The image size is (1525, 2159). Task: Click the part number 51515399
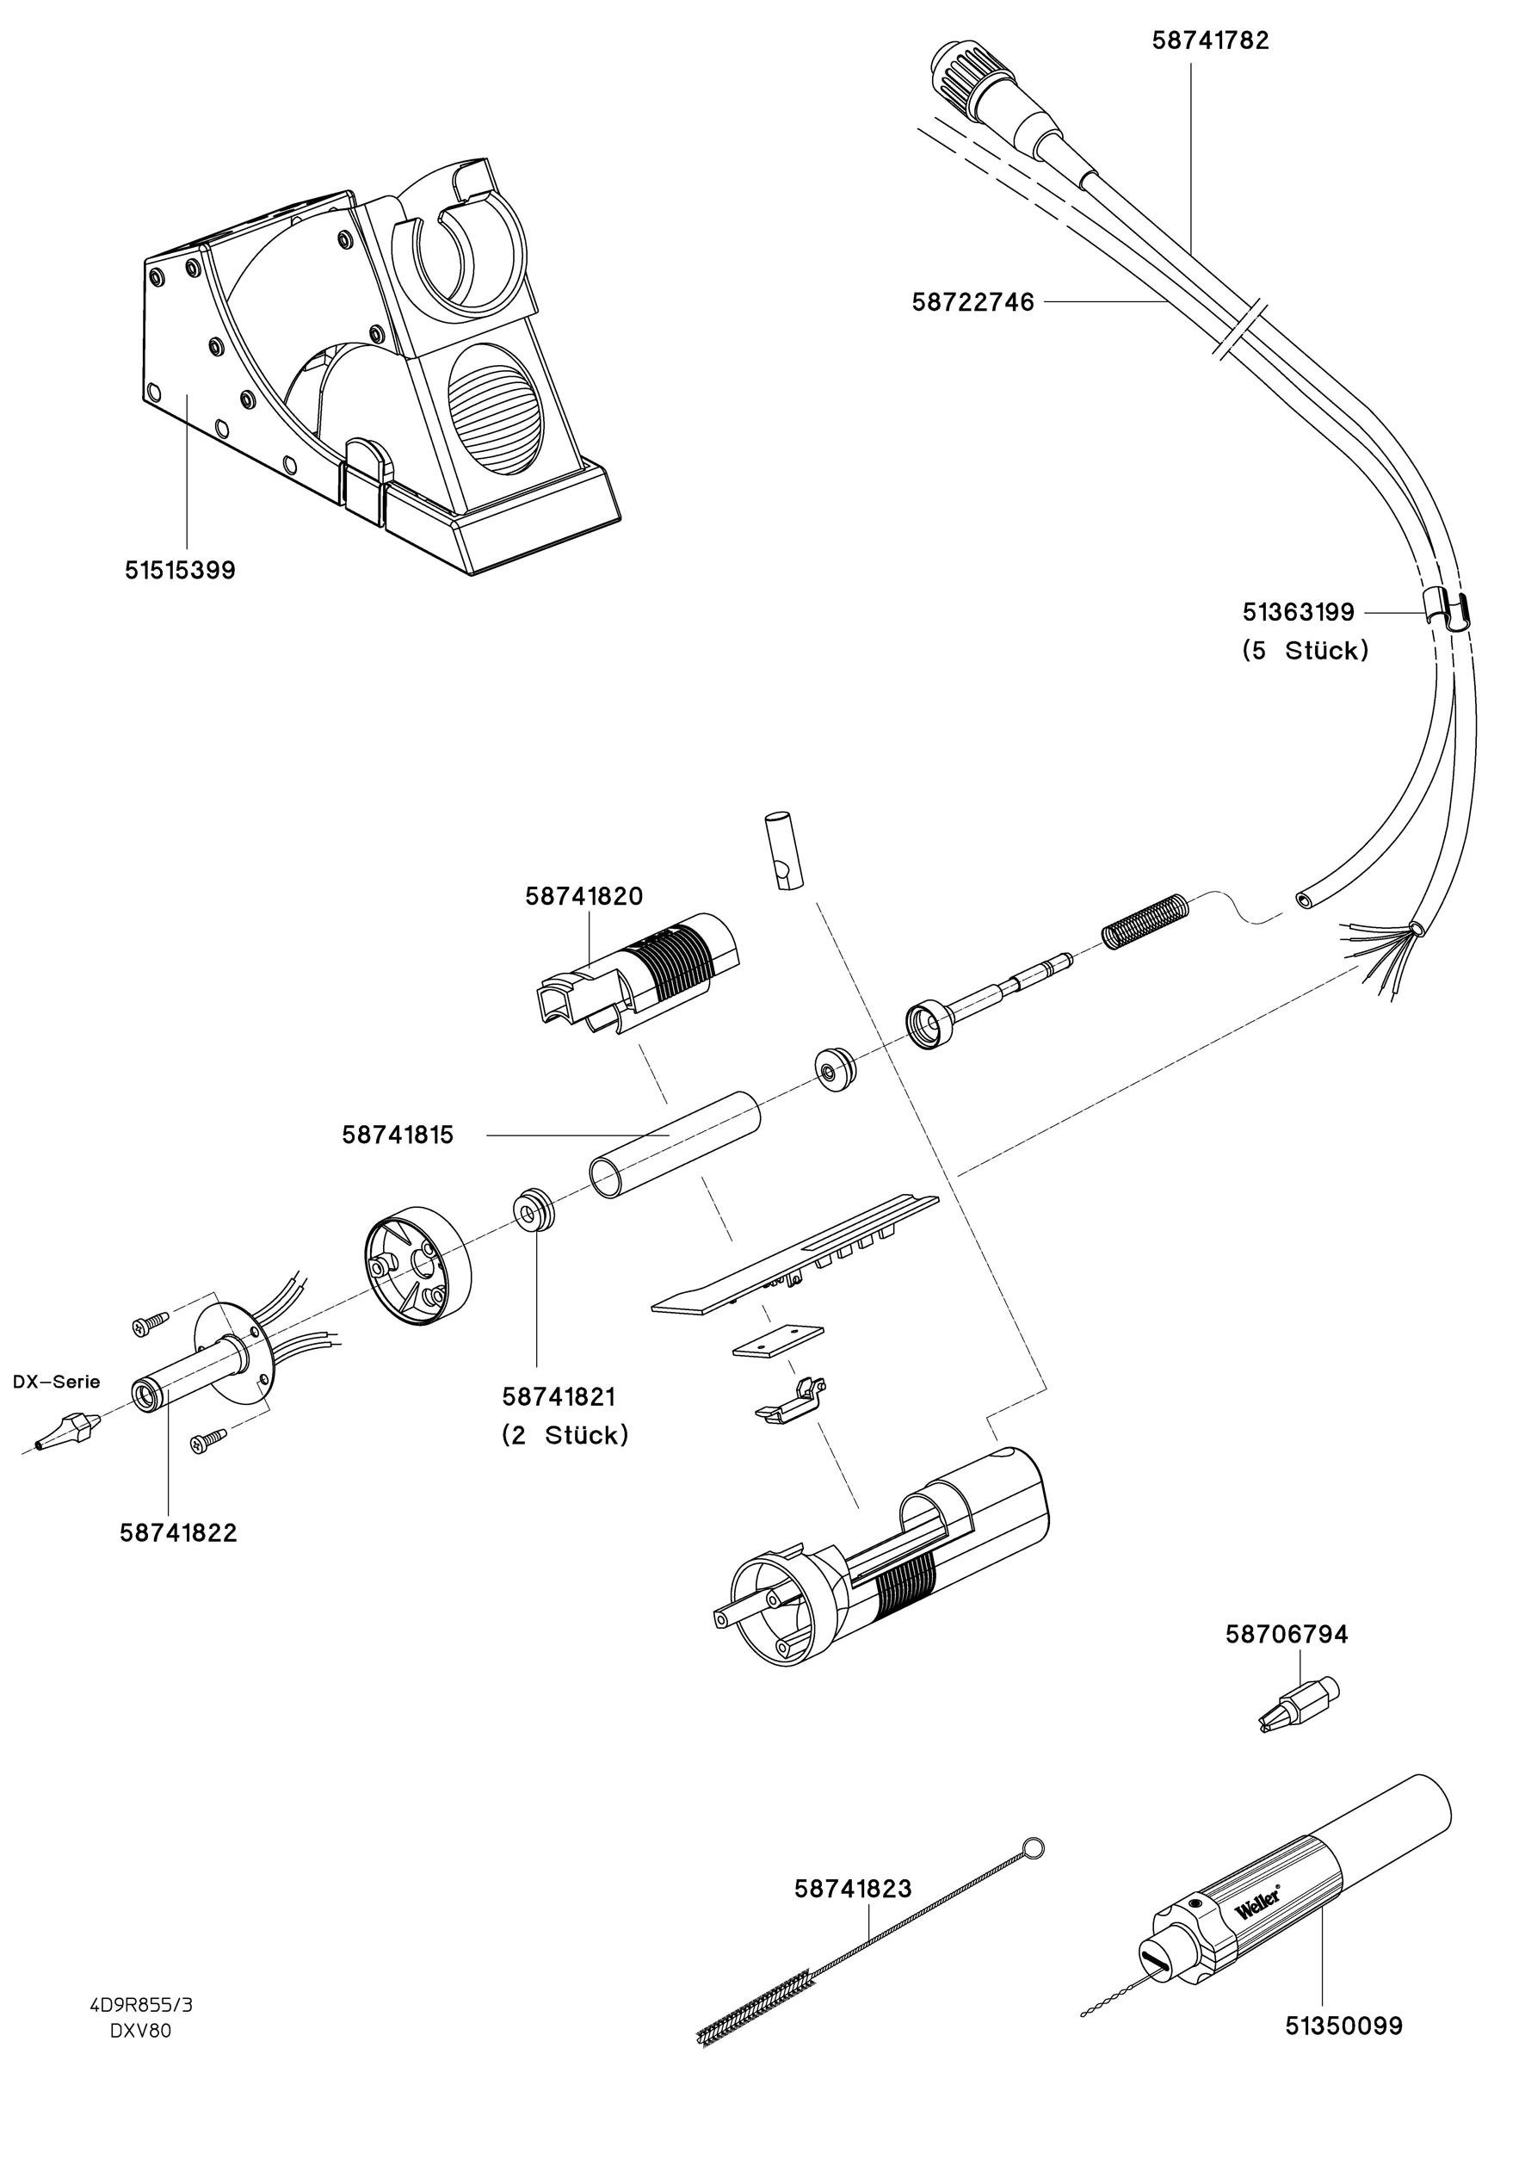tap(180, 570)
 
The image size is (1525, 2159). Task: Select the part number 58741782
tap(1210, 40)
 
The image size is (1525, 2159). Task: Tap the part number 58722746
tap(972, 302)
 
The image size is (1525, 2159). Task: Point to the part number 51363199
tap(1298, 612)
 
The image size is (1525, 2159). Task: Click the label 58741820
tap(583, 896)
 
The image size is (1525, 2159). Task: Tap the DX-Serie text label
tap(57, 1382)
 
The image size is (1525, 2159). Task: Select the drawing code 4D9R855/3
tap(141, 2005)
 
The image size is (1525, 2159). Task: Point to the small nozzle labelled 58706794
tap(1298, 1703)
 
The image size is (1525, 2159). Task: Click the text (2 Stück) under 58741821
tap(564, 1436)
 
